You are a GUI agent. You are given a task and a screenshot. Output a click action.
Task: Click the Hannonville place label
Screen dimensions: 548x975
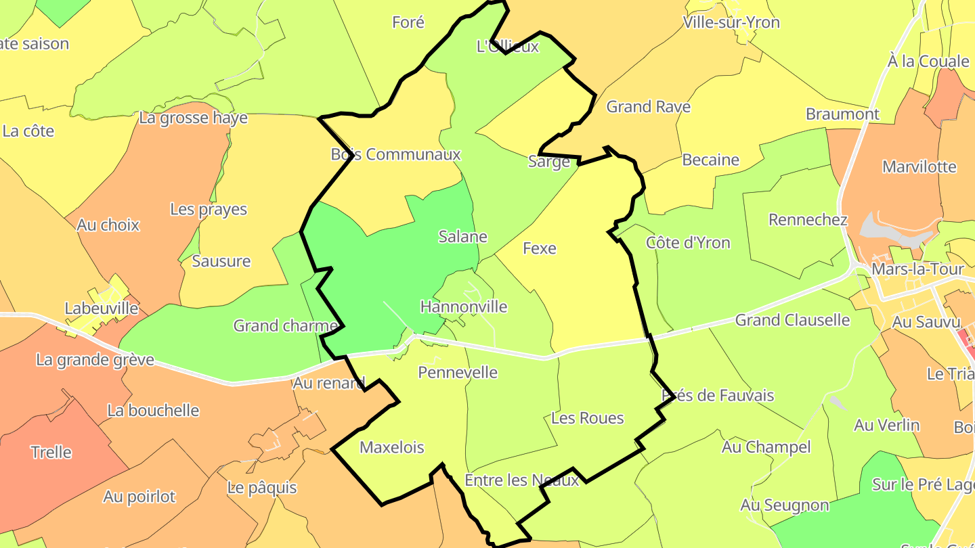point(464,306)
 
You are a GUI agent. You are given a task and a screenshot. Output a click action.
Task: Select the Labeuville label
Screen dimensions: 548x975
point(101,309)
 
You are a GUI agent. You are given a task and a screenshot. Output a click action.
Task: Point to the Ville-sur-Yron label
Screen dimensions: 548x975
point(731,22)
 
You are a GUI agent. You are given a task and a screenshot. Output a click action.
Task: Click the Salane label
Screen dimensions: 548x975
point(462,236)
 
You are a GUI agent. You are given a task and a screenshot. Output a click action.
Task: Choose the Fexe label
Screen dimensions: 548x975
point(540,248)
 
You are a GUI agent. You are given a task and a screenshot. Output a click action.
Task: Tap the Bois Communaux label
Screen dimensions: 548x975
point(395,154)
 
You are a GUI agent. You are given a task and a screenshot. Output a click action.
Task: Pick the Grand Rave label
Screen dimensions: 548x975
point(648,106)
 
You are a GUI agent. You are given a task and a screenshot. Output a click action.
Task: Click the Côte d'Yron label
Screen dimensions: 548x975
point(688,242)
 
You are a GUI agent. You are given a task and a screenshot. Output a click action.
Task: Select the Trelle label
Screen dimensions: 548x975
point(51,452)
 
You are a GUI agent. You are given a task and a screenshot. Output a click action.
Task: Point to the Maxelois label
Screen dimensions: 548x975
point(392,447)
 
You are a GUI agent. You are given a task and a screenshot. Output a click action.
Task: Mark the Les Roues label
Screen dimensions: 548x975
point(587,418)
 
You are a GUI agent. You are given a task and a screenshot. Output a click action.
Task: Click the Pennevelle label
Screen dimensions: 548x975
point(458,372)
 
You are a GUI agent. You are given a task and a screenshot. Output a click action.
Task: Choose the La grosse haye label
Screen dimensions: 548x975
point(193,118)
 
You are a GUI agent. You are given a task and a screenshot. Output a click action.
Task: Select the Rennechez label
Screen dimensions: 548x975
point(808,220)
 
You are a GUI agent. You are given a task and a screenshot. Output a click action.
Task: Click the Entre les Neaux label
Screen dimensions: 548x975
point(521,480)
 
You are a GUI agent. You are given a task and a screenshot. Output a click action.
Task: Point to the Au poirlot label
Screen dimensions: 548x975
point(139,497)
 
